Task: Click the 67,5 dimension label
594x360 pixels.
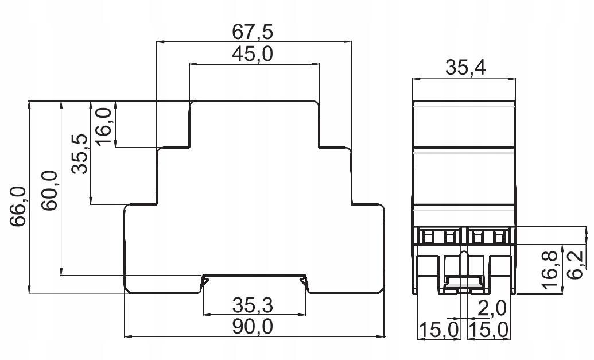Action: coord(253,32)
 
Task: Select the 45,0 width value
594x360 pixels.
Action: coord(253,54)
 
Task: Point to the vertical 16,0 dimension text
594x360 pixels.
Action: coord(103,126)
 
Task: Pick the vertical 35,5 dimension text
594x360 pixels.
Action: coord(80,154)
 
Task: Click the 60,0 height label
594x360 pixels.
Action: coord(49,191)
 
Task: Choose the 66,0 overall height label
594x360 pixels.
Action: coord(18,207)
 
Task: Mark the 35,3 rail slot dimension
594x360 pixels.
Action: coord(253,305)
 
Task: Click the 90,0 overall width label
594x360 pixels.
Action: coord(253,327)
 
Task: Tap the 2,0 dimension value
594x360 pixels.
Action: coord(492,309)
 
